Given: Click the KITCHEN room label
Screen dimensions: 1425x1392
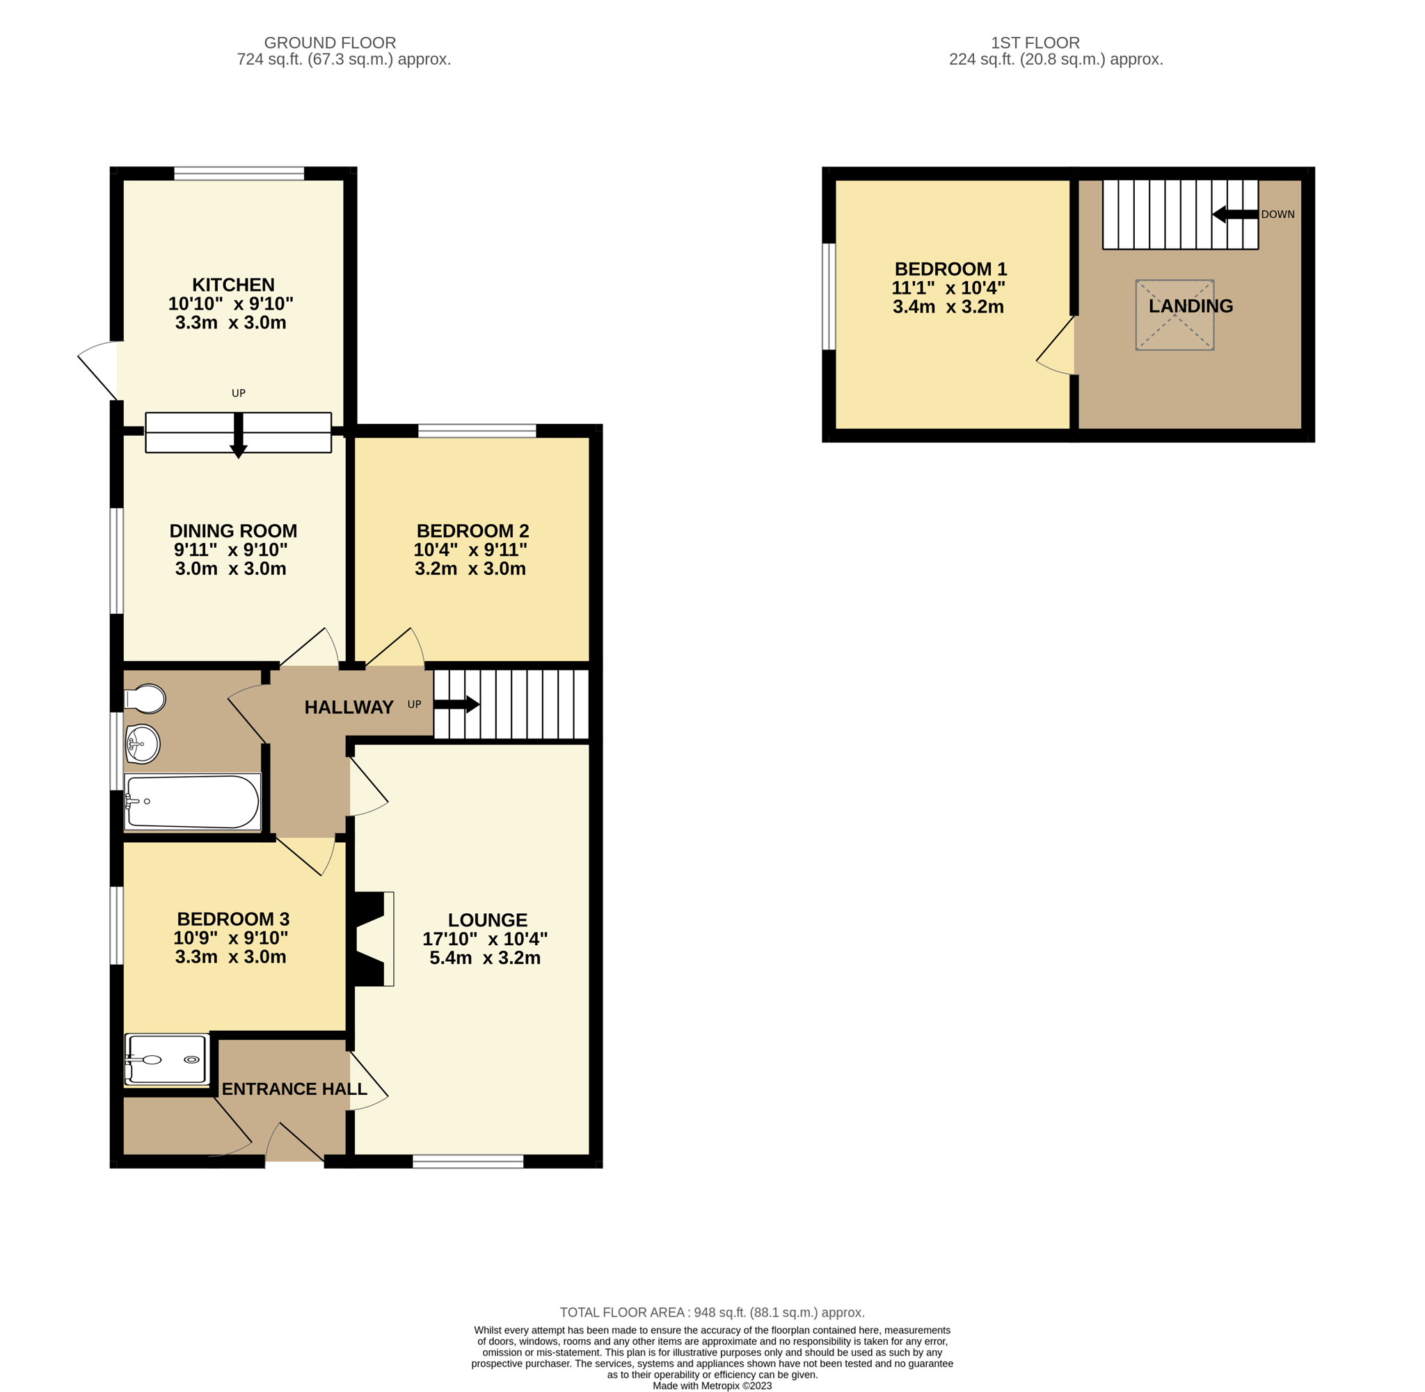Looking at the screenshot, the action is coord(233,285).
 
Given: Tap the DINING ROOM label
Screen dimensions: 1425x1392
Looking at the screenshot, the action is coord(233,531).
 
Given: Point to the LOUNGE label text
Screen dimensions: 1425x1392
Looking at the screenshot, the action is coord(488,919).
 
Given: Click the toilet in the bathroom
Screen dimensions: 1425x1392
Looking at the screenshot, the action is coord(145,699).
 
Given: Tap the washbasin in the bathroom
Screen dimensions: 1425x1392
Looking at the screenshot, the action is coord(143,744).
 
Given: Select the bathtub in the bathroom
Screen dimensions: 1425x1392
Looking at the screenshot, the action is coord(192,802).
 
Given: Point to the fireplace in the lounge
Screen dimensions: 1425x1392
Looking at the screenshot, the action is coord(374,939).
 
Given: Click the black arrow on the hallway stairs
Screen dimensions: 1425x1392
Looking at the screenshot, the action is coord(456,704).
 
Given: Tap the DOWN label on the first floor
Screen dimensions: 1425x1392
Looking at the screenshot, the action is coord(1277,214).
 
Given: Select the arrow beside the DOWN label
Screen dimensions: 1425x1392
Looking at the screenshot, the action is coord(1235,214).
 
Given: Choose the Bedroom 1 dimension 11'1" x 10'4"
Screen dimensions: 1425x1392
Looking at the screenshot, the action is coord(948,288).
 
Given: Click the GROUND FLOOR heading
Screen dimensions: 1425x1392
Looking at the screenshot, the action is coord(330,43).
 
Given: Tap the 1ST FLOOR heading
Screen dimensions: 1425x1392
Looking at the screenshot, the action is coord(1035,43).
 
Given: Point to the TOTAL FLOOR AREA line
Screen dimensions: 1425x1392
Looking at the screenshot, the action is coord(712,1313).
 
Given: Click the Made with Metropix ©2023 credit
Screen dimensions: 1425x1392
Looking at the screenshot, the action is coord(712,1386).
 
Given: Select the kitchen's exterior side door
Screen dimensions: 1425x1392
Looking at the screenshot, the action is coord(98,371).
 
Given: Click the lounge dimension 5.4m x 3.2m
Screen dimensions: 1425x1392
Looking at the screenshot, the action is coord(484,958).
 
